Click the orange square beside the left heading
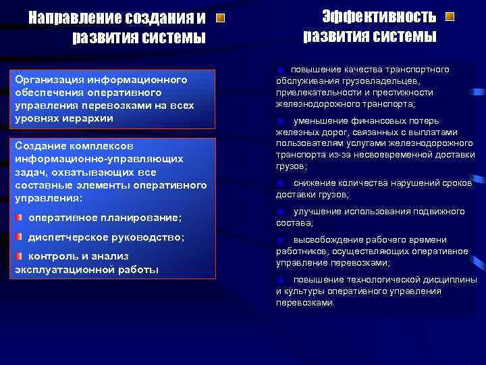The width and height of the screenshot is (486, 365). pos(221,18)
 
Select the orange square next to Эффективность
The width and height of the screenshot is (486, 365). pos(450,16)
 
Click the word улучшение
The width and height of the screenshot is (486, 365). pos(317,212)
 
